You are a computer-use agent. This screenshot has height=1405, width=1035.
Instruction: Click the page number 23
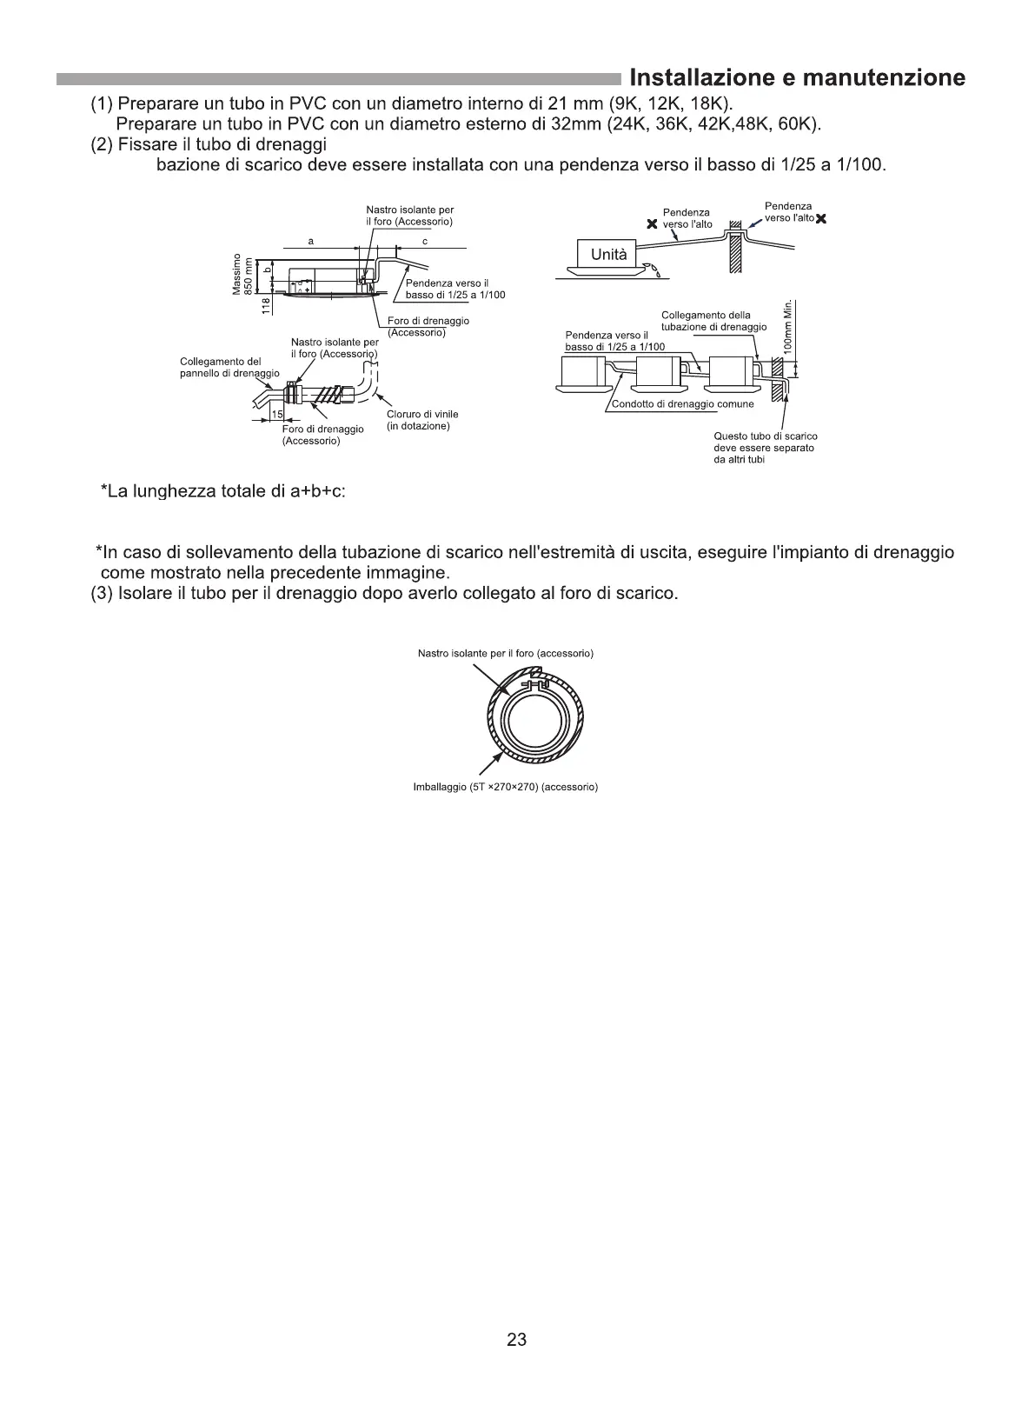coord(516,1340)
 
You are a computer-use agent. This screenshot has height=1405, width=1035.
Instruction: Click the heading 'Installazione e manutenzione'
coord(797,78)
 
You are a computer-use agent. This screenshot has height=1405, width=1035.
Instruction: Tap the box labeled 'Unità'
coord(608,255)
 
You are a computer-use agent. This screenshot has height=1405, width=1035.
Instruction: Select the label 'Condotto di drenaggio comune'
coord(682,404)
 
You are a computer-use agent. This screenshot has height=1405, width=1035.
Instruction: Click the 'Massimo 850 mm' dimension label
coord(242,274)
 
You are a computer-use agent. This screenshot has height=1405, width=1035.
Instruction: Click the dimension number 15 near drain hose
coord(278,413)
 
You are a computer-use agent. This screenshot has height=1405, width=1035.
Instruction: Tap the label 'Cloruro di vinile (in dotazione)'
coord(421,420)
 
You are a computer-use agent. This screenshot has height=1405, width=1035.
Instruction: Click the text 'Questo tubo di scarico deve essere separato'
coord(765,442)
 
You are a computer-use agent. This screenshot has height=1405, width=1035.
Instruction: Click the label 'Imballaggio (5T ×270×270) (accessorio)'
coord(505,788)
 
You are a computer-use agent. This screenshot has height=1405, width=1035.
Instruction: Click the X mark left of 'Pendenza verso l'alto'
coord(649,224)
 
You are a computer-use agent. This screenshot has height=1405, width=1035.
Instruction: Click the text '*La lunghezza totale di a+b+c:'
coord(223,492)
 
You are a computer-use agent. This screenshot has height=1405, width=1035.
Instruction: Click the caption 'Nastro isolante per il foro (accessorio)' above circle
coord(505,653)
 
